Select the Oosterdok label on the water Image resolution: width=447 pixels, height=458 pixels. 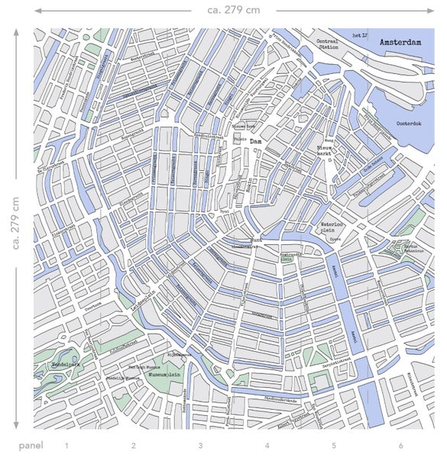(409, 122)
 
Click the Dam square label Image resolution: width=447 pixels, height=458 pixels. (257, 141)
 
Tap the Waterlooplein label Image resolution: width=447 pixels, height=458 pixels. (334, 227)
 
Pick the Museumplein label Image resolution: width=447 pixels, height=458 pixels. (164, 376)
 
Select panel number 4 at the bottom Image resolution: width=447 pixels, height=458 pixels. (267, 445)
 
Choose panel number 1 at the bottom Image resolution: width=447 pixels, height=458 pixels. (66, 445)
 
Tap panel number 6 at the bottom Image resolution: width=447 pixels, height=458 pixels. (400, 445)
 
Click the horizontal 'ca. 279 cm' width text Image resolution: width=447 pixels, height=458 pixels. (232, 10)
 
